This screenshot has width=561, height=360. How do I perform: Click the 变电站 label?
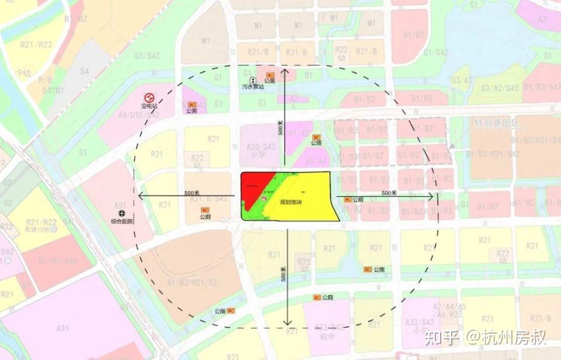149,106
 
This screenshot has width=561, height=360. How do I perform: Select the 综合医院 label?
122,221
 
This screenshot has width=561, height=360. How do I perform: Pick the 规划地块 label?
290,202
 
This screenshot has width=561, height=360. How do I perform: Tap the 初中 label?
325,337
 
